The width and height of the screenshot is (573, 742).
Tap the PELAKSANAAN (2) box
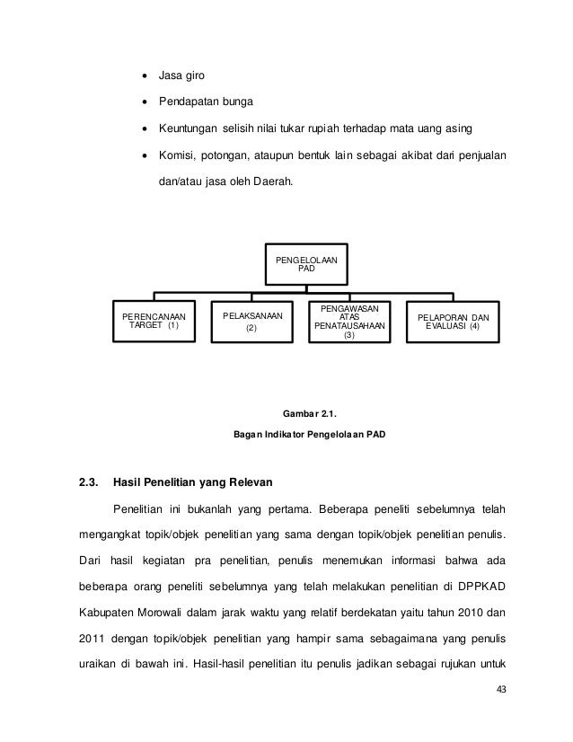251,322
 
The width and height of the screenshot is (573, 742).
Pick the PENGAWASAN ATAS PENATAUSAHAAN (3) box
349,322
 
